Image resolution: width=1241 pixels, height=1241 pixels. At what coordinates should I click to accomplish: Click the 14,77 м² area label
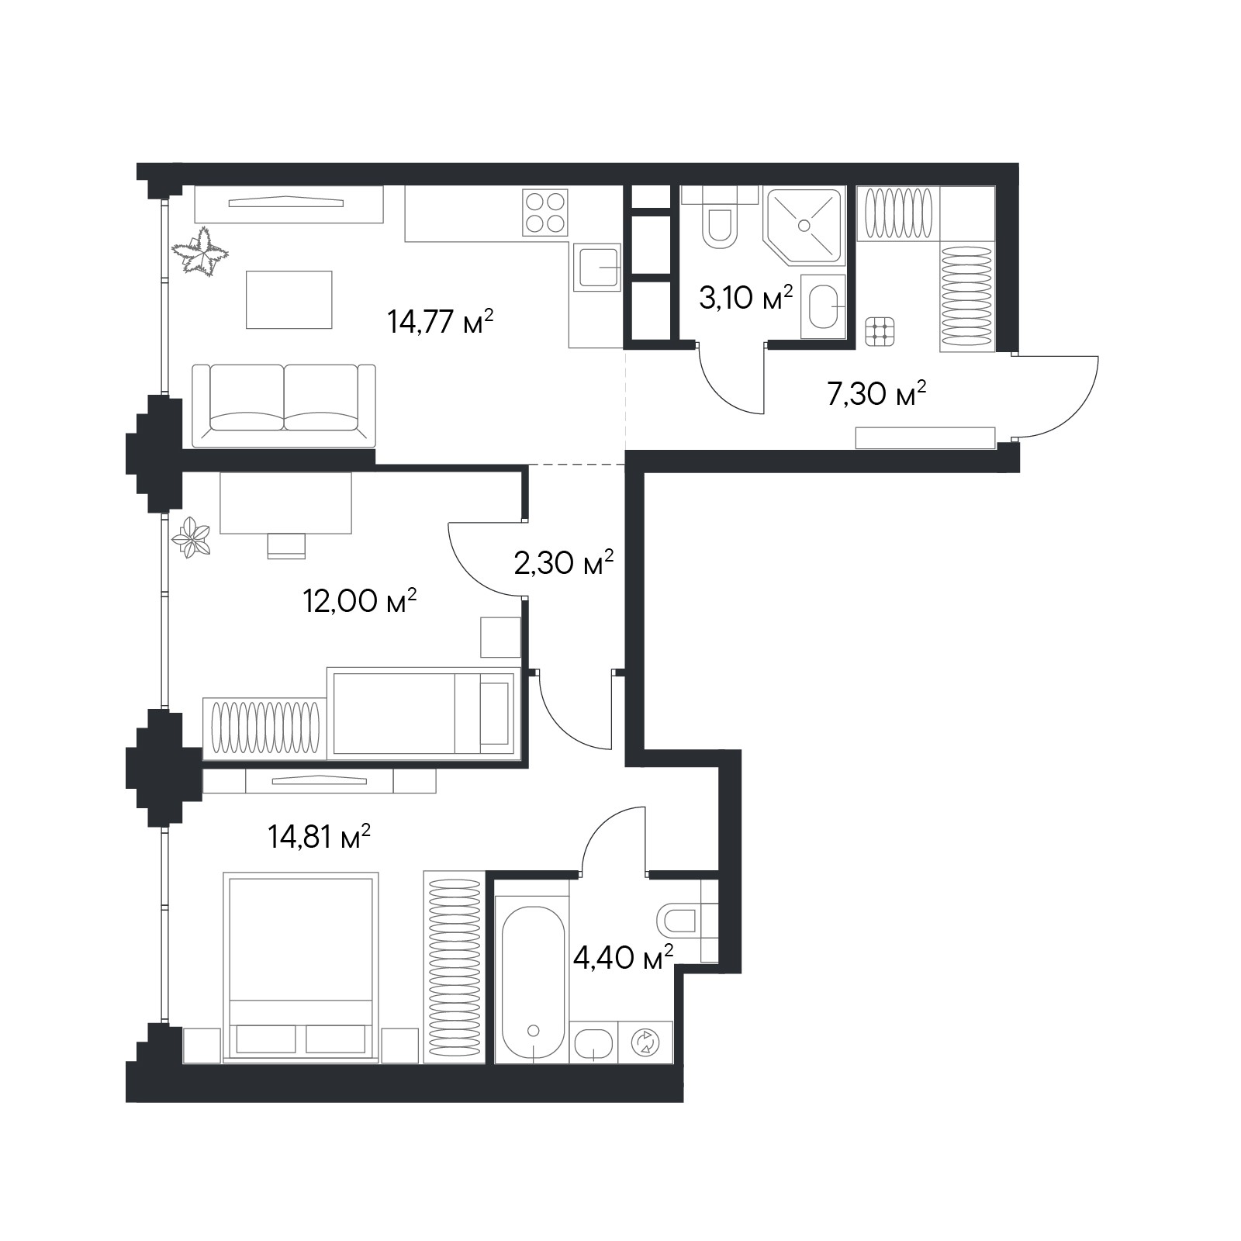441,321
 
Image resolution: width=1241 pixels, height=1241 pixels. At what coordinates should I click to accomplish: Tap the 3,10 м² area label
745,297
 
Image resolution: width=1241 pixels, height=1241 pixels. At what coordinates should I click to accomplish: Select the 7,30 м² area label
876,394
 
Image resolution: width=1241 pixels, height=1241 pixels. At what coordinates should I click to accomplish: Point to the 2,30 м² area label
564,562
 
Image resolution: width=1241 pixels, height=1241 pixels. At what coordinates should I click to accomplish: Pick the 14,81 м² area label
319,837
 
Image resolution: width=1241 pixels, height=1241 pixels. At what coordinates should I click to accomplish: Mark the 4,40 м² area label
622,958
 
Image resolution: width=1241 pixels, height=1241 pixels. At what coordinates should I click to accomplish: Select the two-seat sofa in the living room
284,406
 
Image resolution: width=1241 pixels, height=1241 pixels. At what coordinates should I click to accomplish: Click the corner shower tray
804,223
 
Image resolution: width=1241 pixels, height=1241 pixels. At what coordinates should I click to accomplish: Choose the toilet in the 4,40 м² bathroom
678,921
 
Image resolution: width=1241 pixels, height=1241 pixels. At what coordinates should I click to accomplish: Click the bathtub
533,983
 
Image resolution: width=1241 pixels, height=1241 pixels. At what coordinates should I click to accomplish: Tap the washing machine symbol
645,1042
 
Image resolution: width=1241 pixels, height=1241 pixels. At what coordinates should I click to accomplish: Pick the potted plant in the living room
201,251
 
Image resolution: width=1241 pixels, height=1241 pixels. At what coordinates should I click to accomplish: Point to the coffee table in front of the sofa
289,299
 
